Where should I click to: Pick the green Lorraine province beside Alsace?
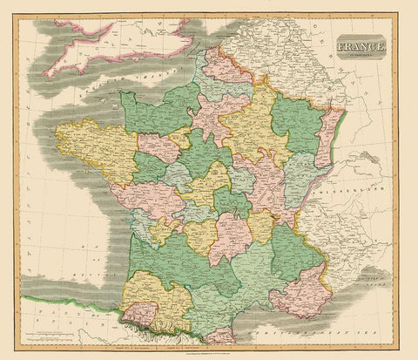[x=296, y=122]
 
